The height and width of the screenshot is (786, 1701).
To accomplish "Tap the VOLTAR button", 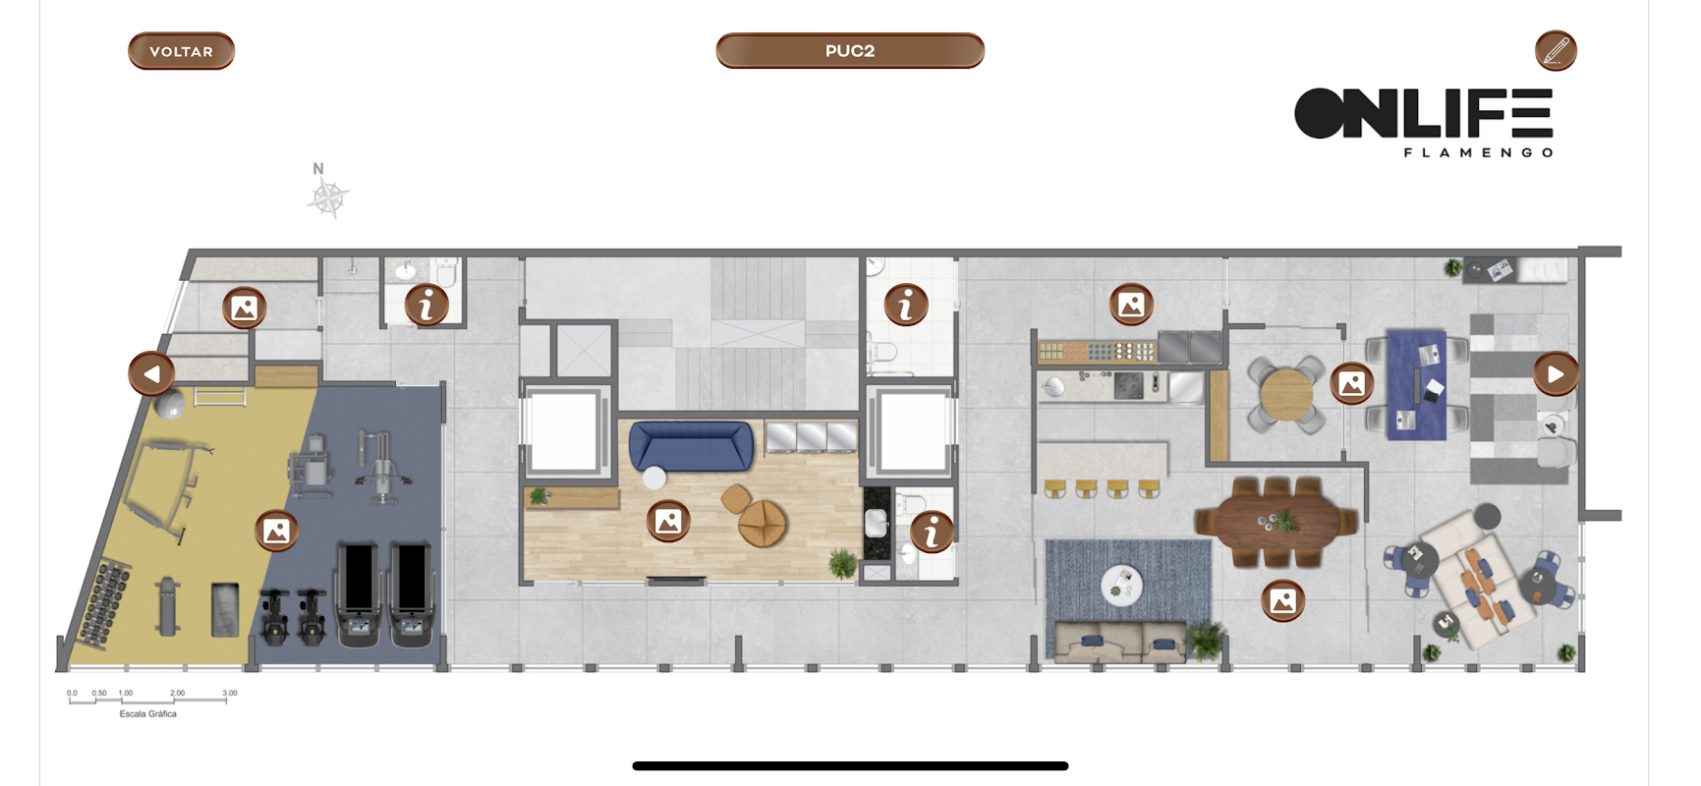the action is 181,51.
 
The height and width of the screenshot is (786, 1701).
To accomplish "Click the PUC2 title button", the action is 850,51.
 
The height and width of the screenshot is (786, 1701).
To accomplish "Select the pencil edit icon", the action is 1556,51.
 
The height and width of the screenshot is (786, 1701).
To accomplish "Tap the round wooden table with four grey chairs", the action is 1286,394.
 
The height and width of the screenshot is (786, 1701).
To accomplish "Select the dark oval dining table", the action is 1276,523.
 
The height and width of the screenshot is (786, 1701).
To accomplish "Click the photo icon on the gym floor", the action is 277,531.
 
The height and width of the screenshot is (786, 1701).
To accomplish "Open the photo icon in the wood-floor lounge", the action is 668,521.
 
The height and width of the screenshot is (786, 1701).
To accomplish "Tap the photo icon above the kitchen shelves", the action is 1131,305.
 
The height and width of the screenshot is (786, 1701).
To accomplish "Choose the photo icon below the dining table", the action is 1282,600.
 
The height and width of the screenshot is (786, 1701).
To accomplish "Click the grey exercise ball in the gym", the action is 170,405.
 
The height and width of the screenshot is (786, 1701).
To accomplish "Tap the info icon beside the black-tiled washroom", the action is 931,532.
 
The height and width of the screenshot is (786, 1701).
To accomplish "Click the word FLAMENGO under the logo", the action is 1478,152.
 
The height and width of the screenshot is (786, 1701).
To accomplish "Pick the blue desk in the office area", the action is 1416,384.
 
